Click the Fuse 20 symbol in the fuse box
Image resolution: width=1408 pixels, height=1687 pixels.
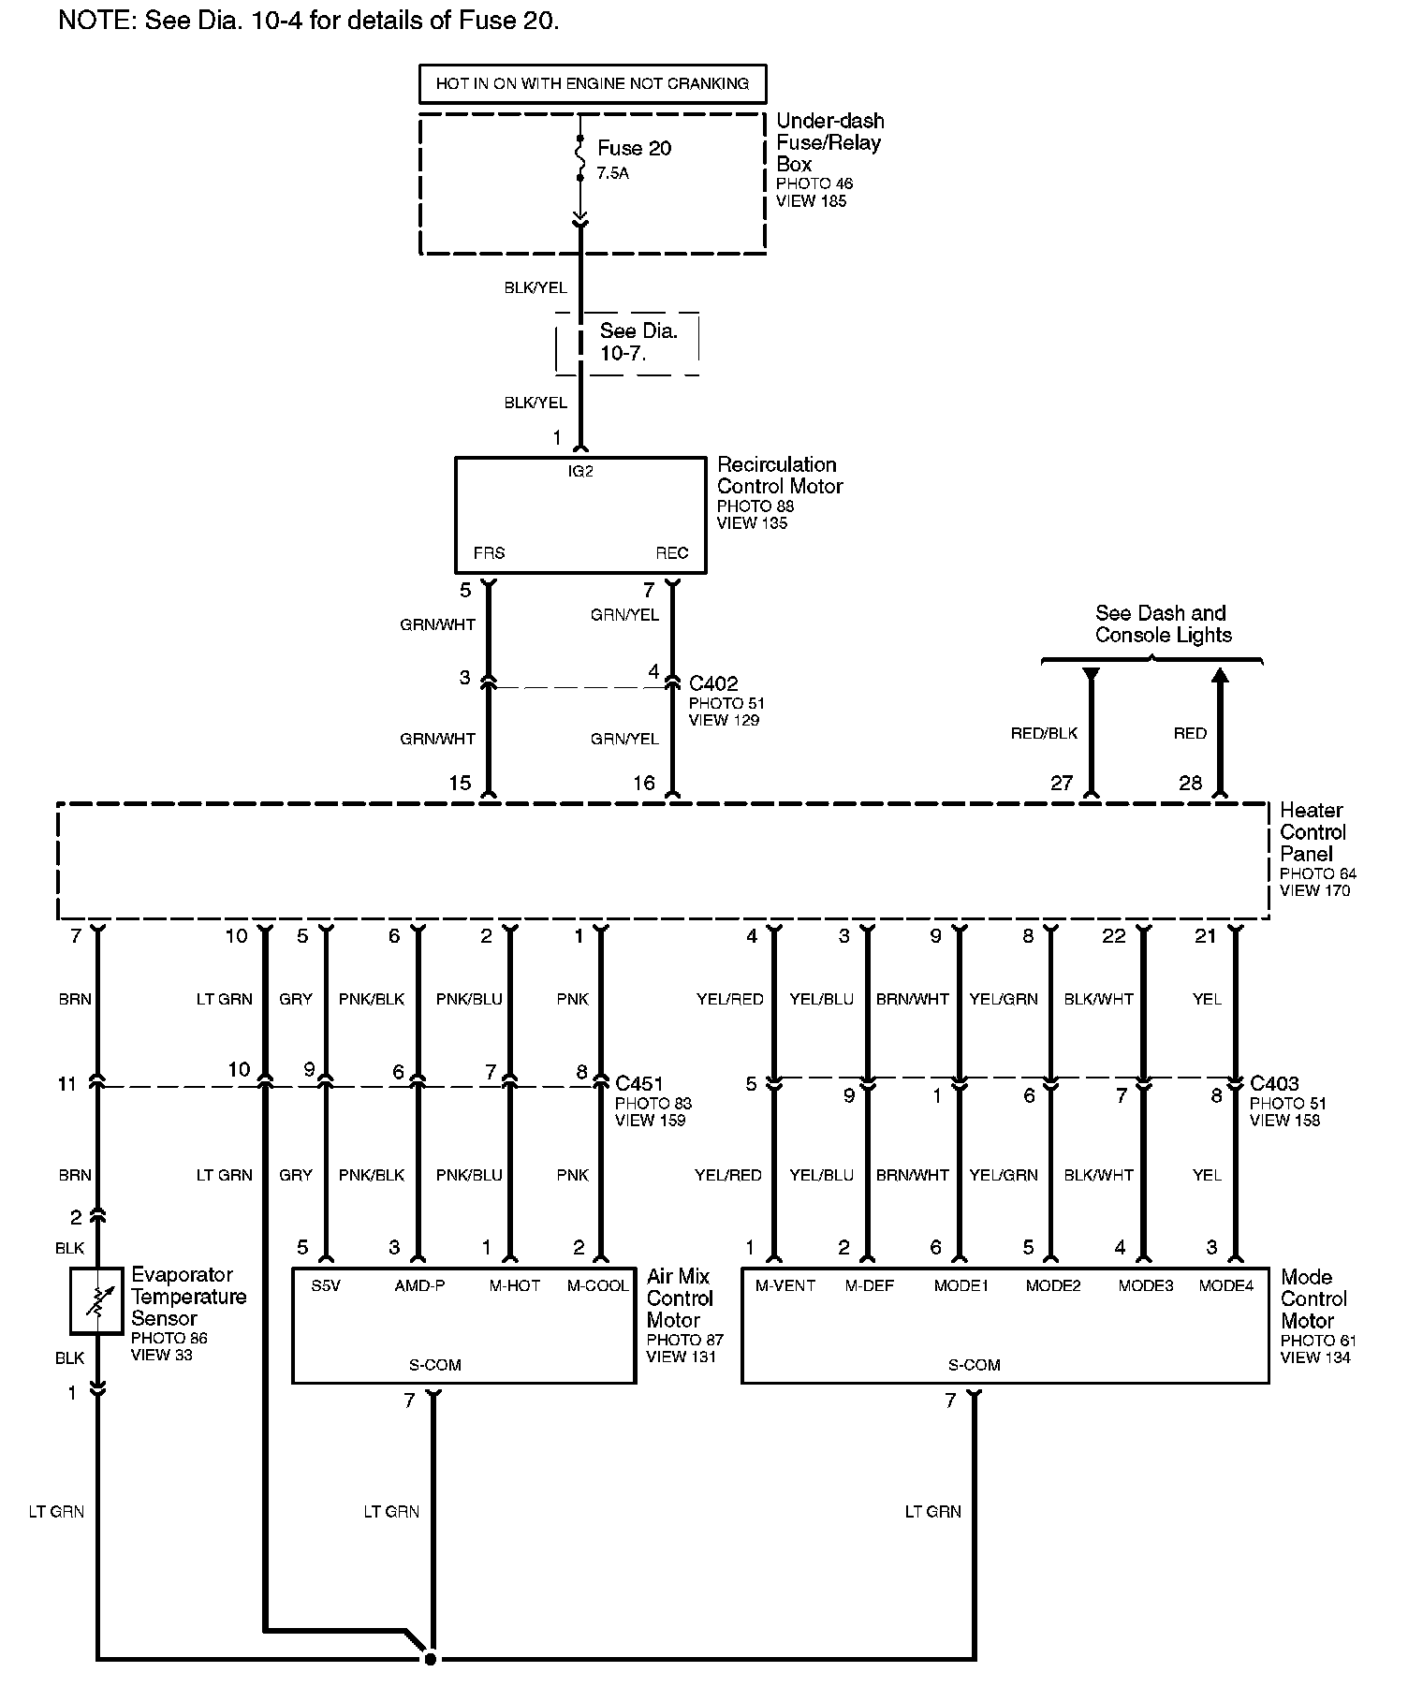[x=580, y=159]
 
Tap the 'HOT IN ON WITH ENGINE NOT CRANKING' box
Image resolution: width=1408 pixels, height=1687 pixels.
[x=592, y=83]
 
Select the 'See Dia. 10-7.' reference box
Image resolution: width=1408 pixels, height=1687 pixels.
[x=627, y=343]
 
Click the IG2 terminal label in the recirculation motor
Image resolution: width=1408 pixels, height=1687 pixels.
[x=580, y=472]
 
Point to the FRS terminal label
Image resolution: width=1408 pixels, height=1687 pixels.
[x=489, y=553]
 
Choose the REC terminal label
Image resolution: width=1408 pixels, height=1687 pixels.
[x=671, y=553]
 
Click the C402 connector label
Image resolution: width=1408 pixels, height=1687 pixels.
[x=713, y=684]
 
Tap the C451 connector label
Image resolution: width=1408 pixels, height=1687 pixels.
[x=639, y=1084]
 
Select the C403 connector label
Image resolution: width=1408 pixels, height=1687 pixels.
[x=1274, y=1084]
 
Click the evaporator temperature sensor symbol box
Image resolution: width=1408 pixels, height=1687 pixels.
[x=96, y=1300]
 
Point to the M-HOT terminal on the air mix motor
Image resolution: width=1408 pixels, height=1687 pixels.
[x=514, y=1285]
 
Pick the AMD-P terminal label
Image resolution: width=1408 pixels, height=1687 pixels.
[x=419, y=1285]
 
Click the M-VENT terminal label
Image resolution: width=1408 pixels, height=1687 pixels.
[x=785, y=1285]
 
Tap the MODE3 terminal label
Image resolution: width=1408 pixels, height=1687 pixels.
[x=1145, y=1285]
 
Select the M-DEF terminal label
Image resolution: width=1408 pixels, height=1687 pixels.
[x=869, y=1285]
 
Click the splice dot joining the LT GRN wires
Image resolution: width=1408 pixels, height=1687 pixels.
[x=430, y=1659]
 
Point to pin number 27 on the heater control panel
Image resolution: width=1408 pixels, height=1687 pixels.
[x=1061, y=783]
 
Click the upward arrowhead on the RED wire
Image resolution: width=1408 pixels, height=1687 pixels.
[x=1219, y=676]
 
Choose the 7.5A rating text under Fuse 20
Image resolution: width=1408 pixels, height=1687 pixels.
[x=612, y=173]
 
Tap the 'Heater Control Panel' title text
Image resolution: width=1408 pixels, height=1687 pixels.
[x=1313, y=832]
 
